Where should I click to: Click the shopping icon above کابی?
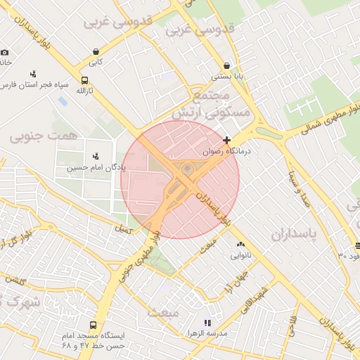[96, 51]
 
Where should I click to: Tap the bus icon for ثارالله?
[85, 80]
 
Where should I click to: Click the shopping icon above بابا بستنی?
[226, 65]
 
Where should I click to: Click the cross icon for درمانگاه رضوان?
[226, 141]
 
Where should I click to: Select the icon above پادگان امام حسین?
[96, 156]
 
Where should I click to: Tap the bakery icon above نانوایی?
[240, 244]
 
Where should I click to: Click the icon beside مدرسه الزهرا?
[207, 323]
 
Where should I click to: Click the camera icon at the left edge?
[5, 52]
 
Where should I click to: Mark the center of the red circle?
[180, 179]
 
